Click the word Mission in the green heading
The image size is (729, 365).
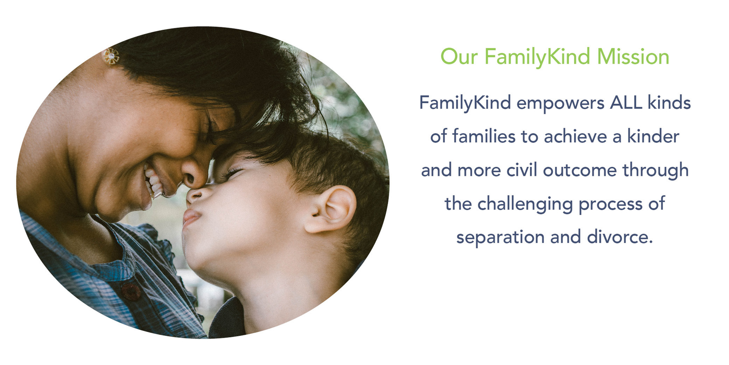633,57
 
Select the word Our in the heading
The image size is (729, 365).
459,57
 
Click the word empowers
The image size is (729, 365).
560,104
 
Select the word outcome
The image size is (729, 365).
580,171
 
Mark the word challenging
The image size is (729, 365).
525,204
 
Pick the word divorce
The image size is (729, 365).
619,237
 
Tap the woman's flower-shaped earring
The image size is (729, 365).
111,56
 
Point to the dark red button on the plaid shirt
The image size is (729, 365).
131,292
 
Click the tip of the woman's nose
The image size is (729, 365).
191,180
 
